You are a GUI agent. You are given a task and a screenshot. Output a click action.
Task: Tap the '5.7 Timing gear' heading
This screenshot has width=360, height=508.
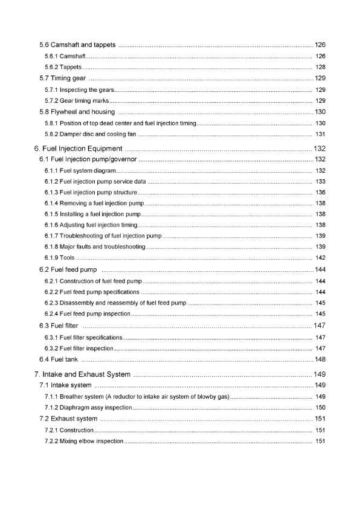pos(62,79)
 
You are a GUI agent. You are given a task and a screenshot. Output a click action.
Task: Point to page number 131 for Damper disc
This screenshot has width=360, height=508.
pos(321,133)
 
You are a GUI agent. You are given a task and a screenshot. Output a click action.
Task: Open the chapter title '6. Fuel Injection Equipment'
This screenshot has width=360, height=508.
pos(79,149)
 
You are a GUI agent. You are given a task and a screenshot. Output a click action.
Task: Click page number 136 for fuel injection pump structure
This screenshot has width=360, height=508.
pos(321,193)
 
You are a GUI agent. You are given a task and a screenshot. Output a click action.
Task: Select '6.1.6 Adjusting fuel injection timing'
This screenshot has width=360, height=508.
pos(91,225)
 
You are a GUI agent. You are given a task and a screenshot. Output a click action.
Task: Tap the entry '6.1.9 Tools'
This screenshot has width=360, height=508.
pos(59,258)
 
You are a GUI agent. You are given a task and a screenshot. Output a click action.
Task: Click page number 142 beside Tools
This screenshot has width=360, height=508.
pos(321,258)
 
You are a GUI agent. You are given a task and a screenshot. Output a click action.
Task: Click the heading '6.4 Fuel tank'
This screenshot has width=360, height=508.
pos(57,360)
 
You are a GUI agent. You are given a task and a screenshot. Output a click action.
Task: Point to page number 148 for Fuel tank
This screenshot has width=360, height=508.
pos(320,360)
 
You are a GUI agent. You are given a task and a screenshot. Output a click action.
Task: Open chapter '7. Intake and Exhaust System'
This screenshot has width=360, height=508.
pos(82,375)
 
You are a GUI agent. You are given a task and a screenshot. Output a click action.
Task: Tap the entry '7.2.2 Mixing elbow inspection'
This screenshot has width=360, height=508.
pos(84,442)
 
